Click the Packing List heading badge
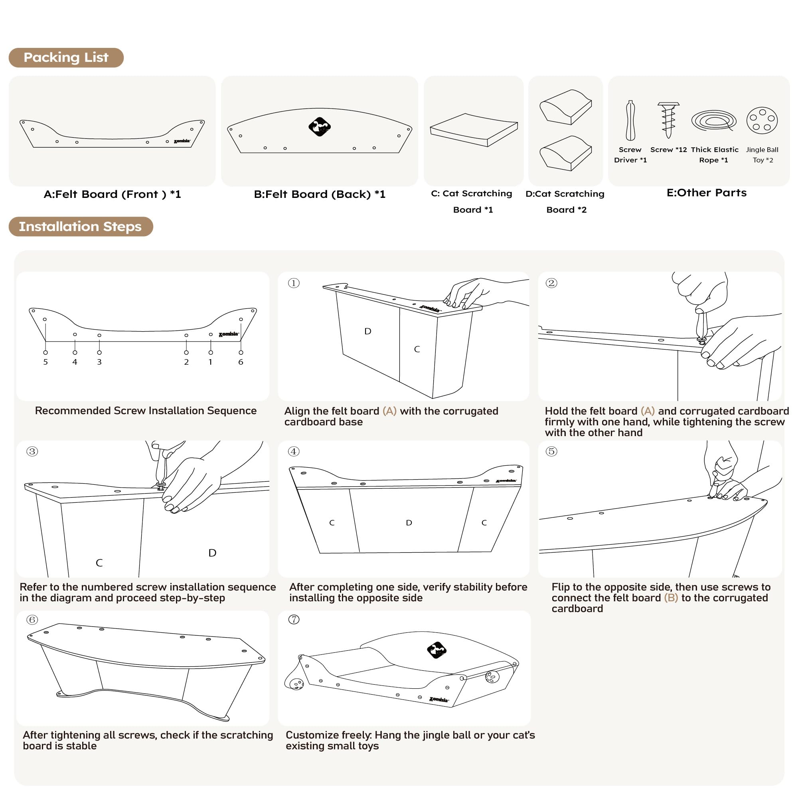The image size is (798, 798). click(x=66, y=57)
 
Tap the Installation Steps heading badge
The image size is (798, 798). click(x=81, y=226)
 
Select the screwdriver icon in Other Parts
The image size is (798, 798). click(x=630, y=121)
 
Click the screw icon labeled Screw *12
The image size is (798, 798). click(x=668, y=120)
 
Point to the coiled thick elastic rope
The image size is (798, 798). click(x=714, y=120)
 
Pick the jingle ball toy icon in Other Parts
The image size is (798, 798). click(x=762, y=120)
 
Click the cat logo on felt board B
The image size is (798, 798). click(x=319, y=127)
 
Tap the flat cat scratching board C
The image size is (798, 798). click(x=473, y=130)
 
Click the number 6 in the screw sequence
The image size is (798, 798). click(x=241, y=362)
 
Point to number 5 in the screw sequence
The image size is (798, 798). click(x=45, y=362)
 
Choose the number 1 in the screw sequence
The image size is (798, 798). click(x=211, y=362)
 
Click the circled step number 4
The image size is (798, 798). click(x=294, y=451)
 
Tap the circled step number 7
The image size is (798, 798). click(x=294, y=620)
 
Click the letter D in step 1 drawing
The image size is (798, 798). click(x=367, y=331)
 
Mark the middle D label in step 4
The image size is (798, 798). click(x=409, y=523)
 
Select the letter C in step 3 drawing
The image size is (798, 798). click(x=99, y=563)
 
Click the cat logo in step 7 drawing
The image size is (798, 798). click(x=437, y=650)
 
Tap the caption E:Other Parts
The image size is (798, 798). click(x=706, y=193)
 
